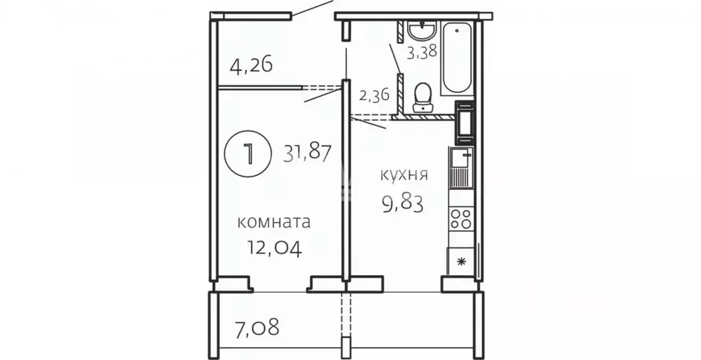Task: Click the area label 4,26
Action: click(x=251, y=67)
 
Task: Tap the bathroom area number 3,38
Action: click(x=421, y=52)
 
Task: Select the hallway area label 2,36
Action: click(x=373, y=95)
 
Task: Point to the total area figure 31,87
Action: click(x=308, y=154)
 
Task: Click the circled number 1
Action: click(x=248, y=154)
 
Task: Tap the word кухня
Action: click(x=404, y=175)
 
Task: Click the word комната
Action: click(x=273, y=221)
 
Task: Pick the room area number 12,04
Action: click(x=275, y=247)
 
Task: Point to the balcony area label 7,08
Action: click(x=257, y=327)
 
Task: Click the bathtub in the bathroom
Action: click(x=457, y=58)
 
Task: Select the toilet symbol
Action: click(x=422, y=98)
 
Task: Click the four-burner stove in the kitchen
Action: click(x=461, y=218)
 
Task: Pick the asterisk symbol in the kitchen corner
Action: click(x=460, y=261)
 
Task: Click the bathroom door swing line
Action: click(x=396, y=58)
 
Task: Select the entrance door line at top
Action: click(x=312, y=10)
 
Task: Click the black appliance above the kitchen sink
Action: click(x=464, y=121)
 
